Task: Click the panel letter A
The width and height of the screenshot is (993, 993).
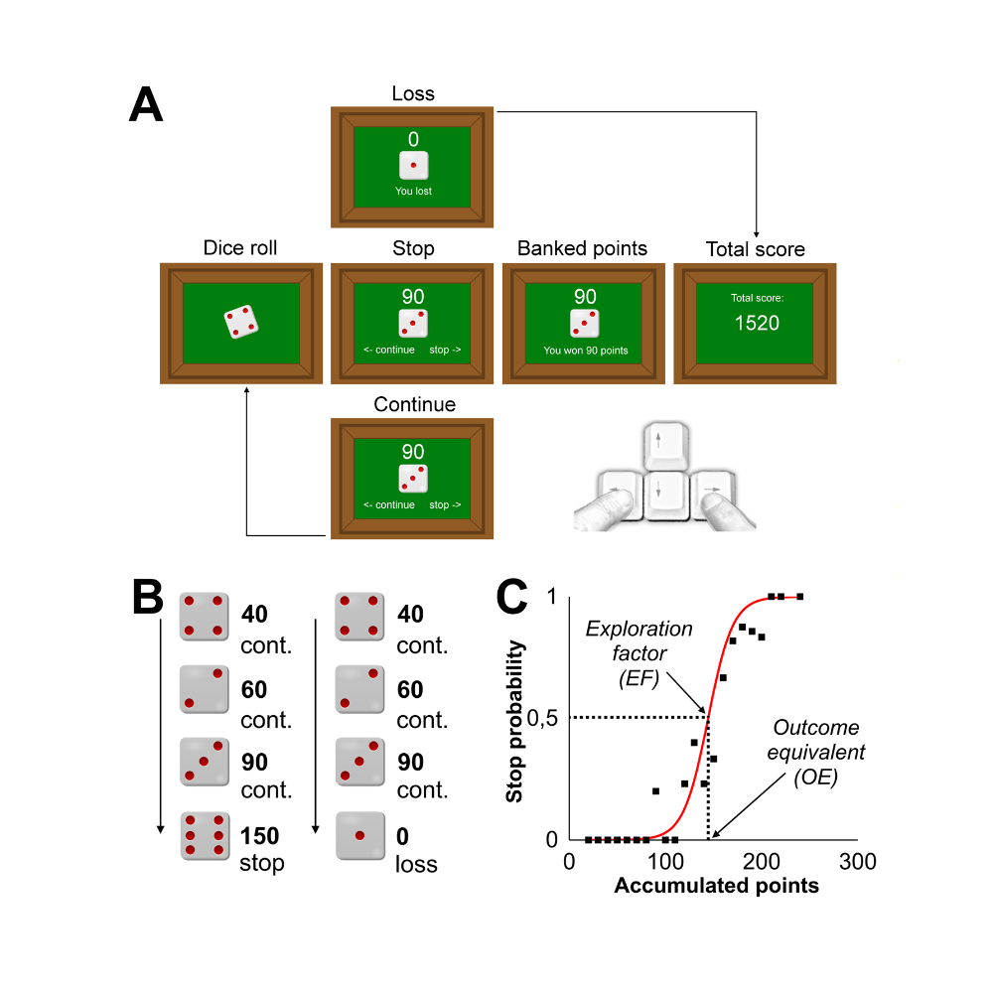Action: tap(146, 104)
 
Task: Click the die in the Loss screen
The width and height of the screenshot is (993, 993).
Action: tap(413, 165)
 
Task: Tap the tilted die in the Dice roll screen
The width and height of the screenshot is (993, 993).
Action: tap(241, 323)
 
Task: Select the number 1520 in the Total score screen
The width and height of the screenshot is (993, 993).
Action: tap(757, 323)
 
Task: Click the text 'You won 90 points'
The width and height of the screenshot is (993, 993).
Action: tap(586, 351)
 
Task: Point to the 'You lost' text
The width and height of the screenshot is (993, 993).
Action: tap(413, 191)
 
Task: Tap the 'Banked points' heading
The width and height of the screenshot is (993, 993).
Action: tap(582, 248)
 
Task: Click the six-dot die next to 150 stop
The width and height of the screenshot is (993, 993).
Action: tap(205, 836)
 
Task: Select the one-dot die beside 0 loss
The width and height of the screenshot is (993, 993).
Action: tap(360, 836)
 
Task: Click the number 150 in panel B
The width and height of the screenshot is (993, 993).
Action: tap(259, 836)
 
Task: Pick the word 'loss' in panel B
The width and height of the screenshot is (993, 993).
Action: tap(416, 864)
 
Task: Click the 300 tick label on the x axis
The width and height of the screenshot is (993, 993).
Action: tap(858, 861)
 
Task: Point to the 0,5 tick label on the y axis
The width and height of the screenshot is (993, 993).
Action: tap(542, 718)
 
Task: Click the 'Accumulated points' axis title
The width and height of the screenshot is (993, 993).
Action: tap(716, 886)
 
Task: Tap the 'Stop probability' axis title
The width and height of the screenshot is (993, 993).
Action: tap(514, 721)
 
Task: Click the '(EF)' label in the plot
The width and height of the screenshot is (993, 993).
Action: tap(638, 678)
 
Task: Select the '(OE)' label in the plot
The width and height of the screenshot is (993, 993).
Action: tap(815, 777)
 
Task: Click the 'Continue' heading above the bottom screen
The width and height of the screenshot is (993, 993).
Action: tap(415, 404)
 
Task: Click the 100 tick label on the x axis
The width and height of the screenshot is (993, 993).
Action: tap(665, 861)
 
